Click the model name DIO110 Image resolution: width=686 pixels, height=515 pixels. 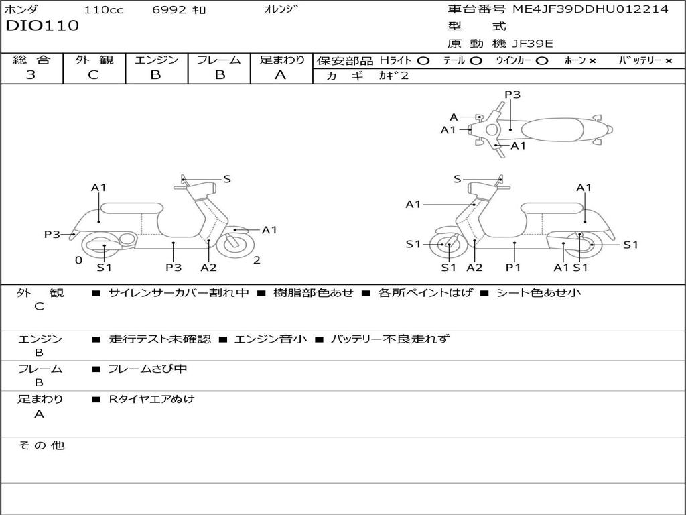42,26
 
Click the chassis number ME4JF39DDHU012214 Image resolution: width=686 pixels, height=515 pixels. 590,9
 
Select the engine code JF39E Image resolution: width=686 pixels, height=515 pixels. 533,44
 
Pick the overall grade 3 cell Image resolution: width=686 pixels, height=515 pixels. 31,75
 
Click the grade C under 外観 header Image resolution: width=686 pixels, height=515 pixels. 94,75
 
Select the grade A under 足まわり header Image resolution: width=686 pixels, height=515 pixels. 281,75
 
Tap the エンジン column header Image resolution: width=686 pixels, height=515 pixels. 156,60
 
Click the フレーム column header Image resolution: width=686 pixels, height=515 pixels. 218,60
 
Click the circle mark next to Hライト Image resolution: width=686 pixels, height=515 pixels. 423,60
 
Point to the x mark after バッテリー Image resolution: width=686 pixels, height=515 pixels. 669,61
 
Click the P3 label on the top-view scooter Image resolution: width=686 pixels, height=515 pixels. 512,95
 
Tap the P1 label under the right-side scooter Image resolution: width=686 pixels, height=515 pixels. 513,267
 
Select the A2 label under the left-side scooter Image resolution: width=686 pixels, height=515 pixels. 208,267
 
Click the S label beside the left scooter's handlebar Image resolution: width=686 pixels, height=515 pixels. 227,179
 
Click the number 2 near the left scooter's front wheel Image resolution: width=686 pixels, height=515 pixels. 257,260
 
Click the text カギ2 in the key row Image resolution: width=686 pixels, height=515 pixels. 394,76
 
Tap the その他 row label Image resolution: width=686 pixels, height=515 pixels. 40,445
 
